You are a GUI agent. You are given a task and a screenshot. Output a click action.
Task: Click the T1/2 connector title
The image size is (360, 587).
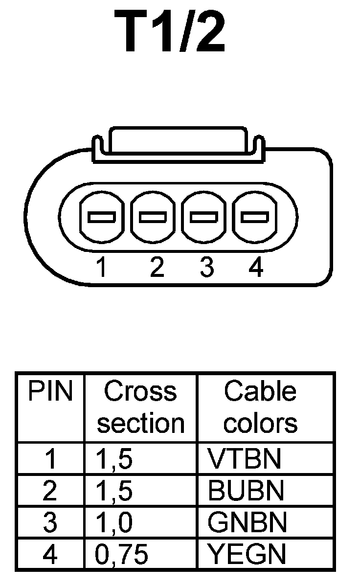point(170,32)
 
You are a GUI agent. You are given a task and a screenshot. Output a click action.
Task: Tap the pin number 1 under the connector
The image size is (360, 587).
point(101,268)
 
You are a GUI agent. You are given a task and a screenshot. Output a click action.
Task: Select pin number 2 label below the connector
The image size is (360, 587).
point(157,268)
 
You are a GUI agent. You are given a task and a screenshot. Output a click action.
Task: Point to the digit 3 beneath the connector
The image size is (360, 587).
point(207,268)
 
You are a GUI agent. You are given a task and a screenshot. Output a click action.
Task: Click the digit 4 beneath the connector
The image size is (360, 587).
point(256,268)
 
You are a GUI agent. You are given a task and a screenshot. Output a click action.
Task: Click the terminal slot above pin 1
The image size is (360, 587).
point(101,216)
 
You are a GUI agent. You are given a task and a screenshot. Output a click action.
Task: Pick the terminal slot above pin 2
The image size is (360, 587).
point(153,216)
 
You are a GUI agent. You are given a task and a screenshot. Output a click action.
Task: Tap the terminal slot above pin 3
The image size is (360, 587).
point(203,216)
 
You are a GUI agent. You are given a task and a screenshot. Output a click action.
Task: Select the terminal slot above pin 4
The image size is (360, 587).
point(254,216)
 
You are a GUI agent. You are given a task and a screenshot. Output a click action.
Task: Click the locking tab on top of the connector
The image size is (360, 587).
point(178,141)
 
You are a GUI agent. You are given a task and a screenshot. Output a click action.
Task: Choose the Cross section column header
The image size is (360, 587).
point(140,407)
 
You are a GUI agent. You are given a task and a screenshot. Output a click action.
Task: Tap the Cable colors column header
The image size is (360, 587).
point(260,407)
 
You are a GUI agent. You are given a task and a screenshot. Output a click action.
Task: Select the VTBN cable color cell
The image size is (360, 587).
point(245,459)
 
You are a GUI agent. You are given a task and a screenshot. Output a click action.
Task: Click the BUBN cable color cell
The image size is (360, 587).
point(246,491)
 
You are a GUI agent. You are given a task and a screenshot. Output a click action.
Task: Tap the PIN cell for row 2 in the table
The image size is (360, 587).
point(49,491)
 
